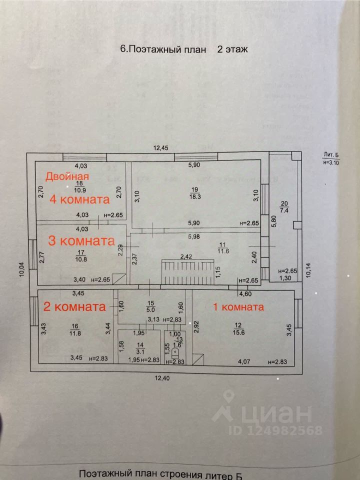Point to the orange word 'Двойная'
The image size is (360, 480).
tap(67, 176)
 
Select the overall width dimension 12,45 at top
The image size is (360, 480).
tap(162, 147)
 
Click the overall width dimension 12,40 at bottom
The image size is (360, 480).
tap(162, 377)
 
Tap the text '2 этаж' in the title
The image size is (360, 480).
tap(232, 49)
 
